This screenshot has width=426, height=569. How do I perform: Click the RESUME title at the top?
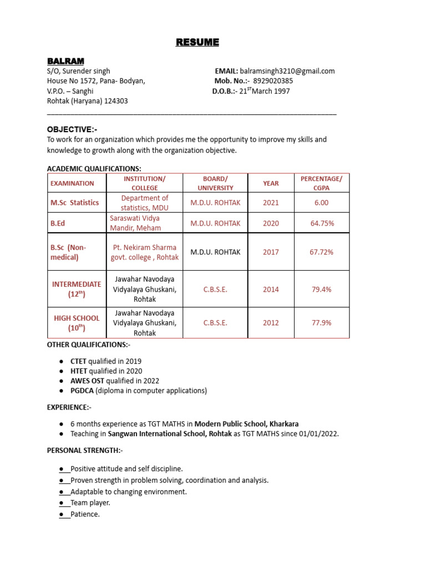pos(197,42)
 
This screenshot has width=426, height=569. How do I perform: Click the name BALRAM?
pos(65,61)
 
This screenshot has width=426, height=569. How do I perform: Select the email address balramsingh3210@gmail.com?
pos(287,71)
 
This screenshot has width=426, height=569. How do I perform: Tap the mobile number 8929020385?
pos(273,81)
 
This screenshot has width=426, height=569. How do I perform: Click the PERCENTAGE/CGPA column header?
pos(321,183)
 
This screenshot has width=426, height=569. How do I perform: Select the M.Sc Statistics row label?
pos(75,203)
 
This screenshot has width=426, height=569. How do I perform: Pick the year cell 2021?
pos(271,203)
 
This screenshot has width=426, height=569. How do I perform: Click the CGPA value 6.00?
pos(321,203)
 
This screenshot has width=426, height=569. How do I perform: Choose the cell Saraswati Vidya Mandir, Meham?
pos(136,223)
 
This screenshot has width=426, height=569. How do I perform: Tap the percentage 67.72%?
pos(321,252)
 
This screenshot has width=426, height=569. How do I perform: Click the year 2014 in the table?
pos(271,290)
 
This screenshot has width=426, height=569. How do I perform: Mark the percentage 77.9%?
pos(321,323)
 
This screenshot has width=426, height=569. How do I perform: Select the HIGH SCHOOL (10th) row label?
pos(77,323)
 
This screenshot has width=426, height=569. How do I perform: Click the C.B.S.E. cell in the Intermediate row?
pos(215,290)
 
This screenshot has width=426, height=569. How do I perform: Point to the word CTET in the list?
pos(79,361)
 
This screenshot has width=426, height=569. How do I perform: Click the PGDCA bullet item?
pos(138,391)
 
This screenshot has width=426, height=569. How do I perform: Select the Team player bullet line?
pos(90,503)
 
